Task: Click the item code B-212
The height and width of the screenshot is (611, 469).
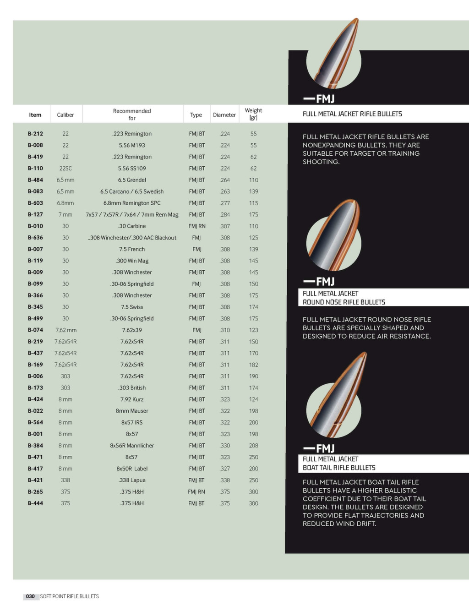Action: [35, 134]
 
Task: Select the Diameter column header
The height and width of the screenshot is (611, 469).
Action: [224, 115]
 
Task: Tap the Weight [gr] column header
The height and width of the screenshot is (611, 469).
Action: [253, 114]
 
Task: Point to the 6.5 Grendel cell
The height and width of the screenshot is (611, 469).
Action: [132, 180]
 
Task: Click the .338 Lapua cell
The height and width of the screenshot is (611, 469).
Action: [132, 480]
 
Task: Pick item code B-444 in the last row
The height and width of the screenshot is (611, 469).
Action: [35, 503]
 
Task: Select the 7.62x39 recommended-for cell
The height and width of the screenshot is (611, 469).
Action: [132, 330]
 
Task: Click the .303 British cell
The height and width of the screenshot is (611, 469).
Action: [132, 388]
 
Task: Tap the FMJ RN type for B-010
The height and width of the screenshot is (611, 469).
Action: [196, 226]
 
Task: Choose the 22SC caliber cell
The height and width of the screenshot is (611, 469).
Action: [65, 169]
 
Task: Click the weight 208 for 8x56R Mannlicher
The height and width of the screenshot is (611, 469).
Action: [253, 446]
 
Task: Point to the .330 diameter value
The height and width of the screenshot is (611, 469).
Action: [224, 446]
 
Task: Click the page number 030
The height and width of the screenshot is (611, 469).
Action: [30, 596]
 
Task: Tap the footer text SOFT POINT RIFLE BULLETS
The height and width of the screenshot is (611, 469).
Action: [69, 596]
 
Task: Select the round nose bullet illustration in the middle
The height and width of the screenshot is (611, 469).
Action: [334, 238]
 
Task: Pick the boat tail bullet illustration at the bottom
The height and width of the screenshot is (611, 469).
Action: [337, 398]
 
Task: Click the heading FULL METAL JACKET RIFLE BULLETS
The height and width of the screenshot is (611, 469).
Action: [352, 114]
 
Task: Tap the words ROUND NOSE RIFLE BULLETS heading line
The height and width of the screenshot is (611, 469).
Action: [344, 302]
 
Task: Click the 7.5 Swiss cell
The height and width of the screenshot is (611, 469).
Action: [132, 307]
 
